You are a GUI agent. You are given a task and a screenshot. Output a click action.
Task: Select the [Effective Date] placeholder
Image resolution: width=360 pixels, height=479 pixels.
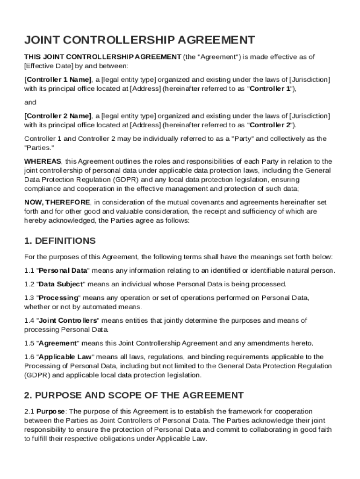46,66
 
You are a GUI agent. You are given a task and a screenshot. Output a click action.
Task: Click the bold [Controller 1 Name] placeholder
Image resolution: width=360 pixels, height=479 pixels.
58,79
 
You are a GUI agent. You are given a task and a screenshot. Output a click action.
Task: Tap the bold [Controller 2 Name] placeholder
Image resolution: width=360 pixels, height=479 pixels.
58,116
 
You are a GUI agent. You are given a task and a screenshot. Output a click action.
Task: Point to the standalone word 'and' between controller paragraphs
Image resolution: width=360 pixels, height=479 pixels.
30,102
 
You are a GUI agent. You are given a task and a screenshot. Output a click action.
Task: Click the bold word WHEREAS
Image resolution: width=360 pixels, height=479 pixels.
43,161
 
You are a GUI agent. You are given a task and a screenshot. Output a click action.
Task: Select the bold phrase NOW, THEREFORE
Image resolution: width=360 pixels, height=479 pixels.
57,202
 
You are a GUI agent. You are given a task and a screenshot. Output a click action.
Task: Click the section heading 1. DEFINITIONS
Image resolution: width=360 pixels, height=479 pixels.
60,241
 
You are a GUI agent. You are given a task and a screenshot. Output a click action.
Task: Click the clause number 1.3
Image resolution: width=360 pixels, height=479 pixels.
29,298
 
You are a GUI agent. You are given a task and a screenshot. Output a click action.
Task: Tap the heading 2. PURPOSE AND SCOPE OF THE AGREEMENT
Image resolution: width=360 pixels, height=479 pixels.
134,395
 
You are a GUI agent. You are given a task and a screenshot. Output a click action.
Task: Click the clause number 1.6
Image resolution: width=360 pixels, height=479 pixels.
29,357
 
